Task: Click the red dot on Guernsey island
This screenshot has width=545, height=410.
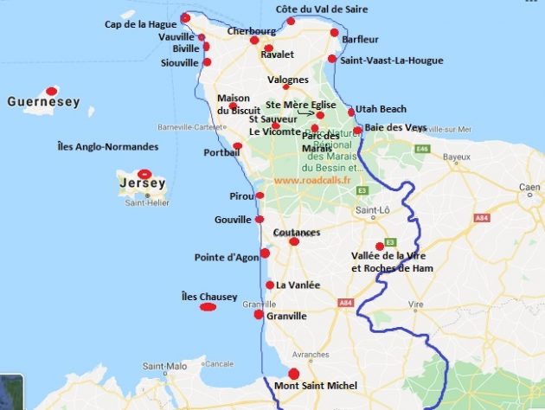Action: pyautogui.click(x=52, y=90)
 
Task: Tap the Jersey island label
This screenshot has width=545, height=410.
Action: pyautogui.click(x=143, y=183)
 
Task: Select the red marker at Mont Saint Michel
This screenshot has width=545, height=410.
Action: pyautogui.click(x=294, y=373)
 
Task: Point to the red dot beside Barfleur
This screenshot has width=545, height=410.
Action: pyautogui.click(x=335, y=33)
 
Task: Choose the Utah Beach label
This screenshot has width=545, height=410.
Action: pyautogui.click(x=381, y=109)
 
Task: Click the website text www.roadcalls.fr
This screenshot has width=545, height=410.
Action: pyautogui.click(x=312, y=180)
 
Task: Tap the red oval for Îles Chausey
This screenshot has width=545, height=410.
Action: pyautogui.click(x=208, y=306)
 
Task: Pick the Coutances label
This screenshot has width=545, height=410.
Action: pyautogui.click(x=297, y=233)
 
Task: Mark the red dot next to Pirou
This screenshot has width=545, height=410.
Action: pyautogui.click(x=260, y=195)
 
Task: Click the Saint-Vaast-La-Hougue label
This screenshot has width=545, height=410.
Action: pyautogui.click(x=391, y=61)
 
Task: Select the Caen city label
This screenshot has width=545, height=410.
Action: pyautogui.click(x=529, y=187)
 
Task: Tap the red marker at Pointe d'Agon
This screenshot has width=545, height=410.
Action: pyautogui.click(x=265, y=253)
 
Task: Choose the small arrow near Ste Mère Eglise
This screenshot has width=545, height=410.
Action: pyautogui.click(x=304, y=112)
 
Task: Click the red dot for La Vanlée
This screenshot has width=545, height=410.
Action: pyautogui.click(x=270, y=285)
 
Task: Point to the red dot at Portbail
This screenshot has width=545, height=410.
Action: pyautogui.click(x=238, y=145)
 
